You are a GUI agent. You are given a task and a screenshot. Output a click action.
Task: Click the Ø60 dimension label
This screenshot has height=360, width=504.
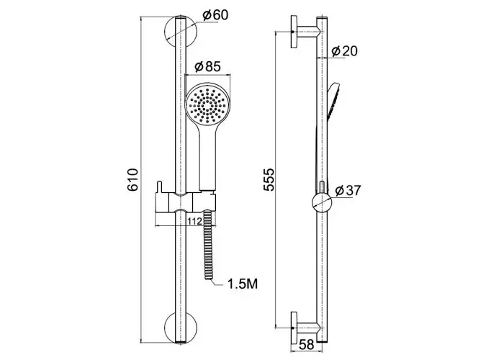click(x=216, y=15)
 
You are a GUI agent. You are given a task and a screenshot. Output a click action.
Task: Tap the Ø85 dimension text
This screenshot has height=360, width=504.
click(x=208, y=66)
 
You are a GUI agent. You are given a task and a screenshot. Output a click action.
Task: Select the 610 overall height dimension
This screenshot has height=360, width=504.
click(x=132, y=180)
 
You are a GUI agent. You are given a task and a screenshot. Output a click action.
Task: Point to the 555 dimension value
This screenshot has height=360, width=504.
click(x=269, y=180)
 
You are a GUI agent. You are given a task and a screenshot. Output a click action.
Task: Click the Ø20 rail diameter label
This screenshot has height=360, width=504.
click(x=344, y=51)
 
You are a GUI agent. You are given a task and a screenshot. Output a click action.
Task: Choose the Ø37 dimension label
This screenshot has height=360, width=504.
click(x=348, y=190)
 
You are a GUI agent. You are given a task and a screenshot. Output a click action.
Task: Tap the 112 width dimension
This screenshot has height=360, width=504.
click(x=195, y=221)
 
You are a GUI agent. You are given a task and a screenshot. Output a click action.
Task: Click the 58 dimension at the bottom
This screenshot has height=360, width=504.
click(x=306, y=345)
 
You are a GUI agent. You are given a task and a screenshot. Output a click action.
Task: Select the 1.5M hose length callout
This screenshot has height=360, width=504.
click(x=243, y=284)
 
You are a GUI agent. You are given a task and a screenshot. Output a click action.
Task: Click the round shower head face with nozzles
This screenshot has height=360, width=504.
click(x=208, y=104)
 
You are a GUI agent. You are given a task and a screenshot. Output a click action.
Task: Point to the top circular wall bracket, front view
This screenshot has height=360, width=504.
click(x=180, y=32)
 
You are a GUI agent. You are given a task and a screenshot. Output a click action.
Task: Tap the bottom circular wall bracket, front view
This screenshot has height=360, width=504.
click(x=180, y=328)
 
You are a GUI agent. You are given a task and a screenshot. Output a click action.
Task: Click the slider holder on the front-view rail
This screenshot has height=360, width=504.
click(x=185, y=203)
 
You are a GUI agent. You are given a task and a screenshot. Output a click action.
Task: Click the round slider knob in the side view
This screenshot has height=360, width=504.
click(x=322, y=203)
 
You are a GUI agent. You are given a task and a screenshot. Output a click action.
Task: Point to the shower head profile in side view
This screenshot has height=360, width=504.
click(x=333, y=99)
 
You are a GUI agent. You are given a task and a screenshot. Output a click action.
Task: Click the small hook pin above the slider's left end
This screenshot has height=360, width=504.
click(x=159, y=187)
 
